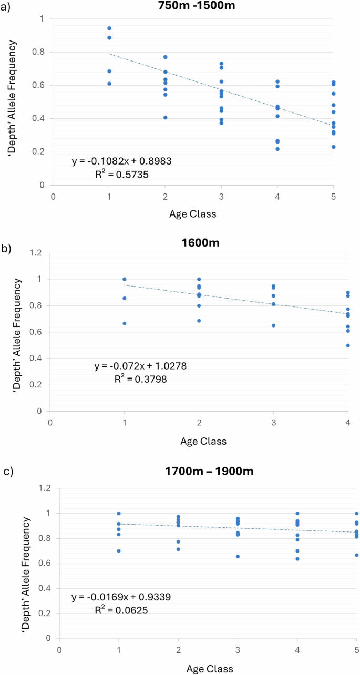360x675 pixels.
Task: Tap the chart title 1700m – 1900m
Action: click(208, 472)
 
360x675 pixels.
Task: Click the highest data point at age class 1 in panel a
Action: click(109, 28)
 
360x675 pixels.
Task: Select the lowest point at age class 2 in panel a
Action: click(166, 117)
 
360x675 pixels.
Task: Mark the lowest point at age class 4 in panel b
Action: click(348, 345)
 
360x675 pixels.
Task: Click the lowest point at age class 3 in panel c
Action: click(238, 556)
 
